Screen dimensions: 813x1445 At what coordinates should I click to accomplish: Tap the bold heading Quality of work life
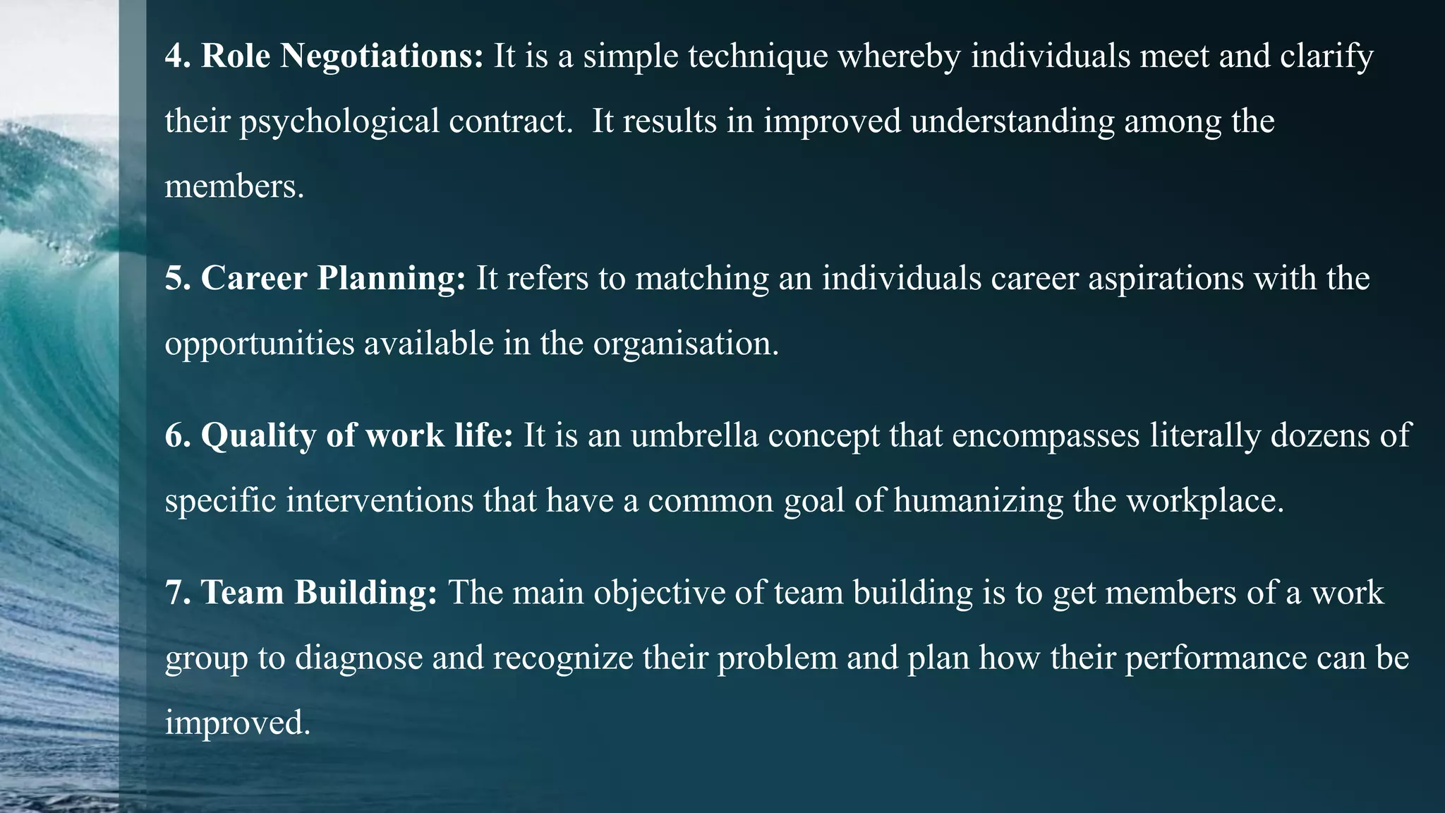357,435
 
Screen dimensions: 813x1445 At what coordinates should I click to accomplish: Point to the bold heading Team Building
319,592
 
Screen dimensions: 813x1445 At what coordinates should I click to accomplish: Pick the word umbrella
694,435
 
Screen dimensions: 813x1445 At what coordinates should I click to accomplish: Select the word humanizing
978,501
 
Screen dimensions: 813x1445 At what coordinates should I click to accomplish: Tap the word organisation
685,344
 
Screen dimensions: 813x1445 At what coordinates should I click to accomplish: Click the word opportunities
260,344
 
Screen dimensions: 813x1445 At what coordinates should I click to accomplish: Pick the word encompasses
1046,435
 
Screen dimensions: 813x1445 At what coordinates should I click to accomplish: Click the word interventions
380,501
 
